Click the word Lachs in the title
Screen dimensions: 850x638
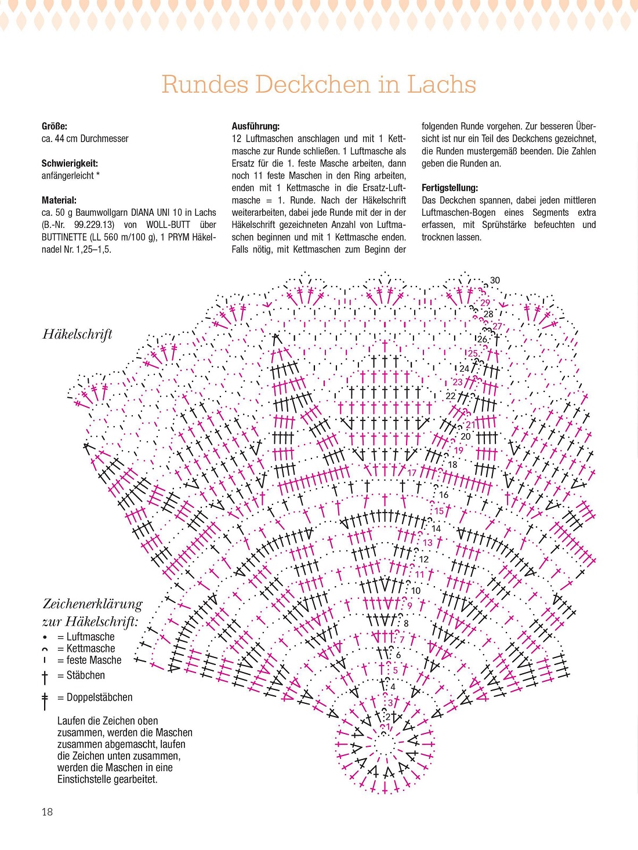[441, 85]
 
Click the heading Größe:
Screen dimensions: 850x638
[54, 126]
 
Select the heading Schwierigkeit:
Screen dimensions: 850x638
[70, 163]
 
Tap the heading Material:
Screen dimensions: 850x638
[59, 200]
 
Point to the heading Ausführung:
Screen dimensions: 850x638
[255, 126]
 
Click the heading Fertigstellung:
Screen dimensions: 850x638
[449, 188]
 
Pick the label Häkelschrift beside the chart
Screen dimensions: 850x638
[77, 334]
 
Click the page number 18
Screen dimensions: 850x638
[47, 812]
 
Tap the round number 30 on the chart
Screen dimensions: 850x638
[495, 280]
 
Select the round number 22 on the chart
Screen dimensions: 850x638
[451, 396]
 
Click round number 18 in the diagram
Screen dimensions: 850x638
[452, 464]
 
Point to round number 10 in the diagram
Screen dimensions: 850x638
[416, 591]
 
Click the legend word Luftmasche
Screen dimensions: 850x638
[90, 637]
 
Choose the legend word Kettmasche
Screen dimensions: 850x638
[90, 648]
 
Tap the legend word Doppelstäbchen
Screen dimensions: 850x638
[99, 697]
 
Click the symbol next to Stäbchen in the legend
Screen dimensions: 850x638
[45, 677]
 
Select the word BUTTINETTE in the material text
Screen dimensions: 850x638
[64, 237]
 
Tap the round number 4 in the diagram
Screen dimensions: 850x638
[393, 687]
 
